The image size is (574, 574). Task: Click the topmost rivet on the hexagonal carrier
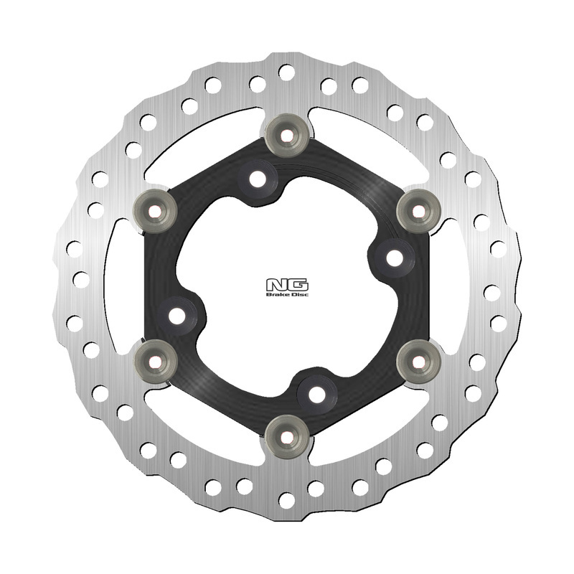287,133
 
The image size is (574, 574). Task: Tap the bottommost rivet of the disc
287,436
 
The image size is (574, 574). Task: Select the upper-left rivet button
156,209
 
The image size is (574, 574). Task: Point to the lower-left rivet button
156,359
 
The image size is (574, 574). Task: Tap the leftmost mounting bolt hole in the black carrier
179,313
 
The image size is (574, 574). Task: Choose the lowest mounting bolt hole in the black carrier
316,392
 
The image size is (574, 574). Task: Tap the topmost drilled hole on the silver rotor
287,72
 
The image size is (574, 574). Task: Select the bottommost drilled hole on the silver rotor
287,497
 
